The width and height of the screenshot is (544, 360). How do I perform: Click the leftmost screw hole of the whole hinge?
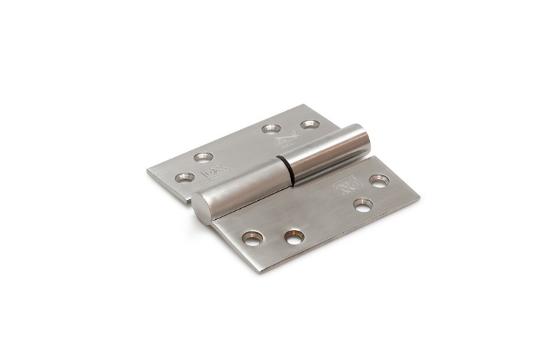tap(184, 178)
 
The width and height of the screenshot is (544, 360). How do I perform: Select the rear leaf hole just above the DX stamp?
tap(203, 157)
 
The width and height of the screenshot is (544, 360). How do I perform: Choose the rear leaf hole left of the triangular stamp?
tap(271, 128)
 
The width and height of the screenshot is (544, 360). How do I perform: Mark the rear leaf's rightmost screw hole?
tap(310, 125)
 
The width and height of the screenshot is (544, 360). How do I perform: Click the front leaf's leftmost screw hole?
tap(252, 238)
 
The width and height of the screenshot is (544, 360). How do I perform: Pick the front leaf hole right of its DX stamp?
tap(379, 181)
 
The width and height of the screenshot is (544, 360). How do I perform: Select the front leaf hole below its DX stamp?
tap(362, 205)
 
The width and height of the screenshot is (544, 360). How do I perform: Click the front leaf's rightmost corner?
tap(419, 197)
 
